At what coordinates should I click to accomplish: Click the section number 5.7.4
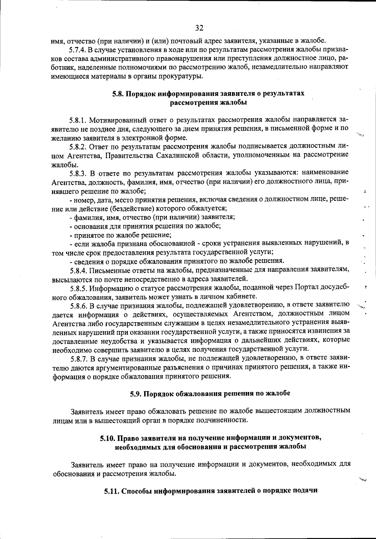(77, 50)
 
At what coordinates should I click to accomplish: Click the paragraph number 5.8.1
(78, 120)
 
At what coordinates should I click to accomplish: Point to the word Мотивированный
(117, 120)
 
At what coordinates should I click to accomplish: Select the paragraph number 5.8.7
(78, 358)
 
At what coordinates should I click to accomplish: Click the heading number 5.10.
(108, 438)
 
